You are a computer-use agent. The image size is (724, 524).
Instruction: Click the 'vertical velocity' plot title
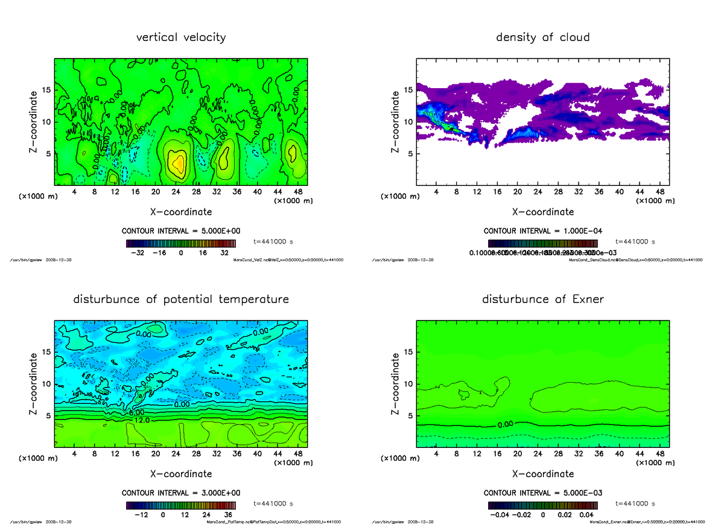click(181, 37)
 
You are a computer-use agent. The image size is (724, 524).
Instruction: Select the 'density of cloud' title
click(542, 37)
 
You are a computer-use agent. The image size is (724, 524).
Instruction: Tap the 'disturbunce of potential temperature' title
click(181, 299)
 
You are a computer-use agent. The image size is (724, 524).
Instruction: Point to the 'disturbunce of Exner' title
click(542, 299)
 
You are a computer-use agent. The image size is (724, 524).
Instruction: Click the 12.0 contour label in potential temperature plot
click(142, 420)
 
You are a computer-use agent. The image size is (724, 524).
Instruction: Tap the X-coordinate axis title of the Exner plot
click(542, 474)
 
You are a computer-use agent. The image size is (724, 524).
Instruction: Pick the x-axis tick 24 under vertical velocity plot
click(176, 192)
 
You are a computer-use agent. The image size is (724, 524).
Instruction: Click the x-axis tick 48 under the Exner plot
click(659, 454)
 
